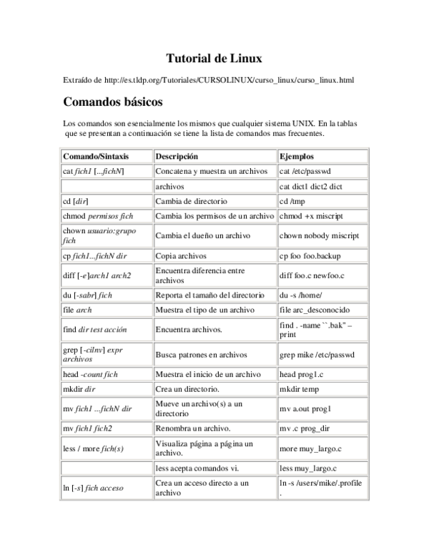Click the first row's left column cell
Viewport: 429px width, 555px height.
(x=107, y=156)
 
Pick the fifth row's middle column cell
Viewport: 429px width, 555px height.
(x=215, y=215)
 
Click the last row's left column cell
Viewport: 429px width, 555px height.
(x=107, y=488)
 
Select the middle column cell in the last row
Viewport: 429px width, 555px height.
(x=215, y=488)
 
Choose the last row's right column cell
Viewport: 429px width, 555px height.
(x=323, y=488)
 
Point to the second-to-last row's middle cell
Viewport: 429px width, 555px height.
(x=215, y=468)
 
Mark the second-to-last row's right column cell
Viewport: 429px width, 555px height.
(x=323, y=468)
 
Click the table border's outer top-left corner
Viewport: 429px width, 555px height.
(x=59, y=147)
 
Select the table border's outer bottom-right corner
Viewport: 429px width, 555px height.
(x=370, y=501)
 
